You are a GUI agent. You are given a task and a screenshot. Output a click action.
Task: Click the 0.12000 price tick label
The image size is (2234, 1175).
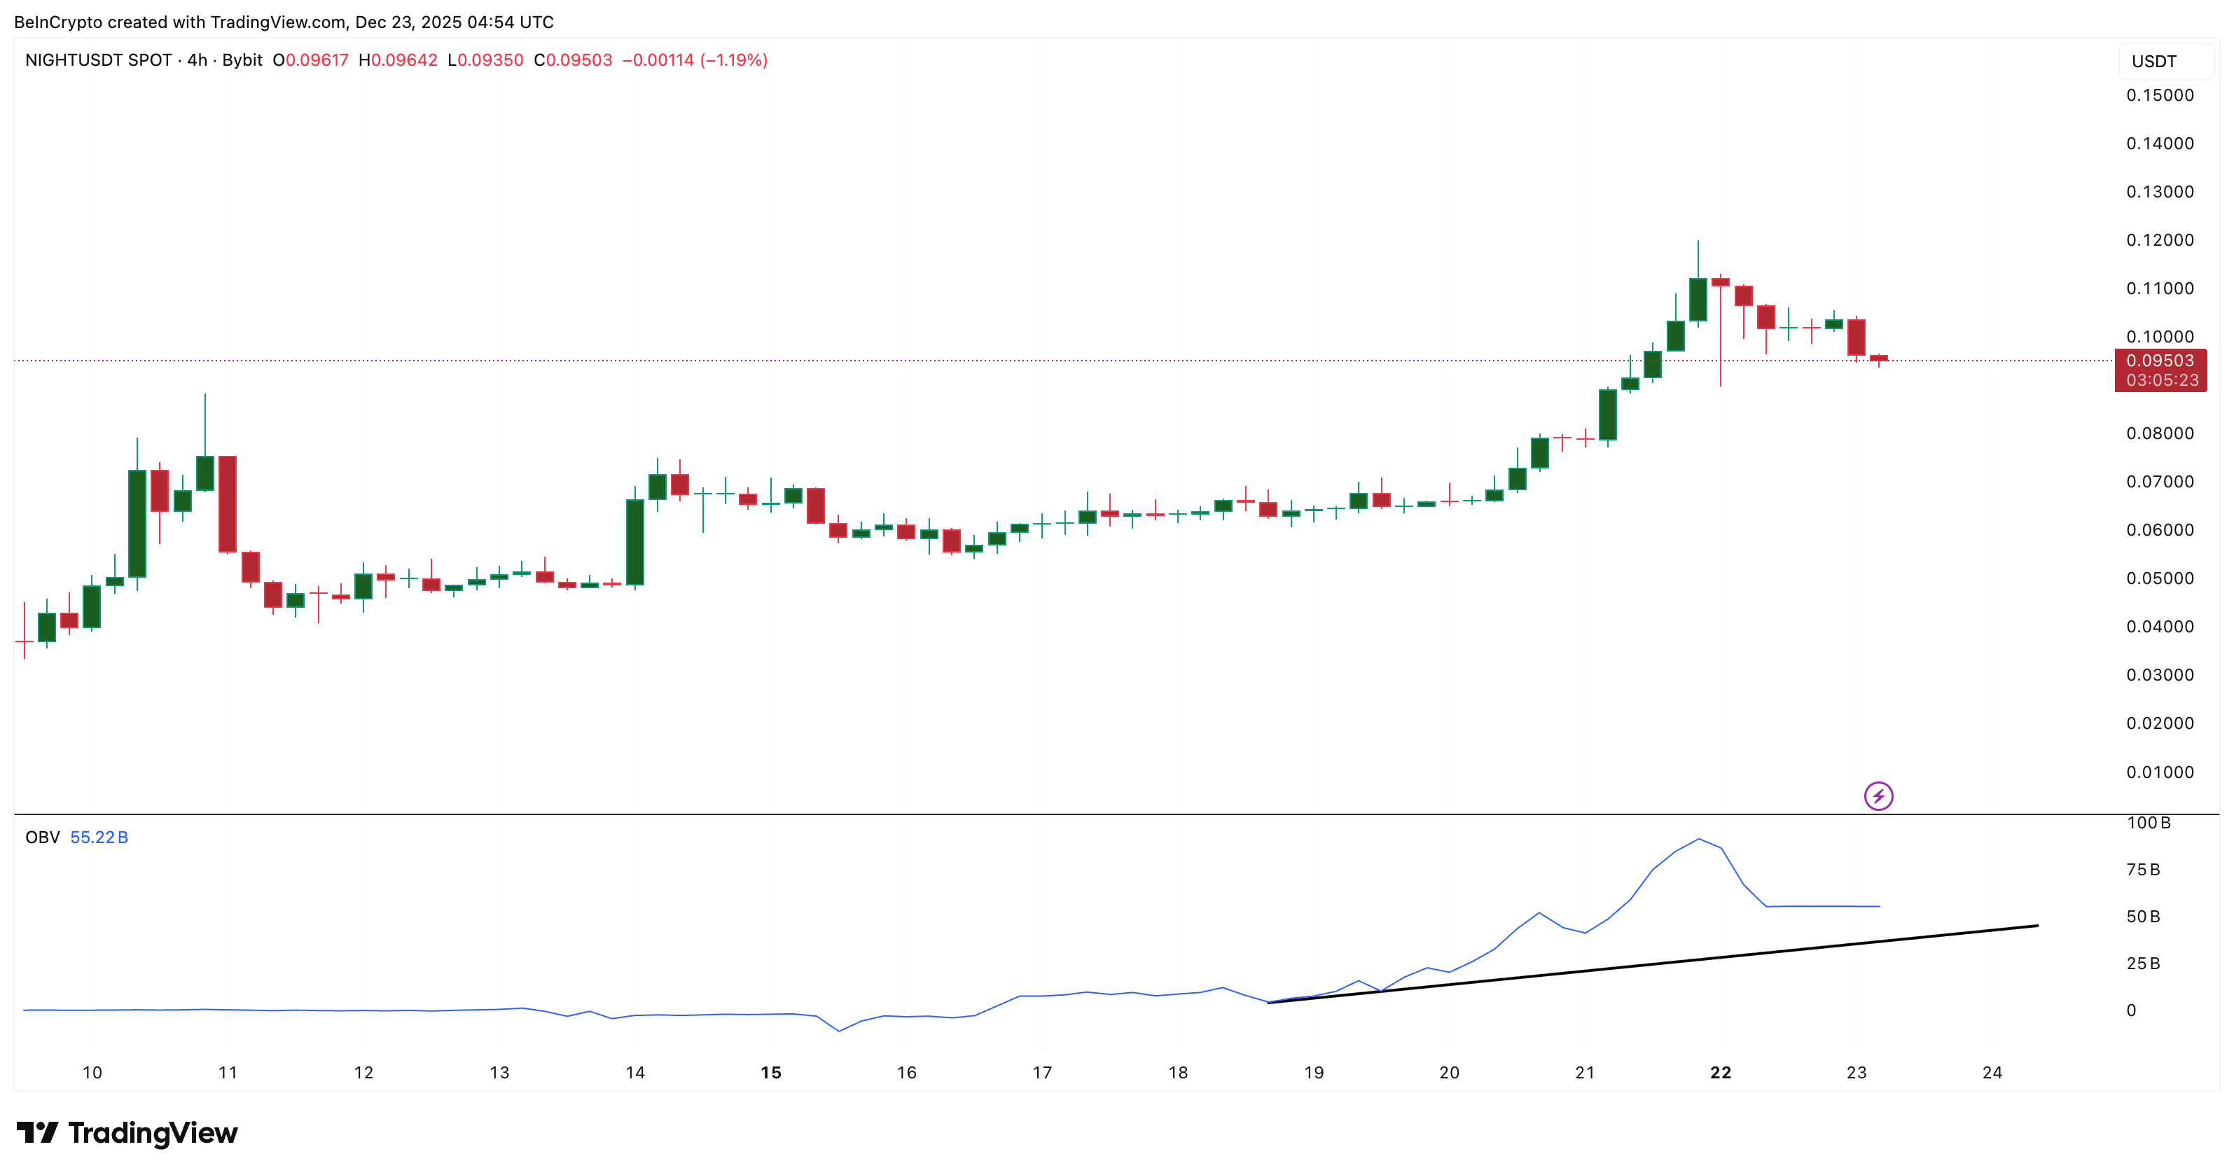tap(2160, 240)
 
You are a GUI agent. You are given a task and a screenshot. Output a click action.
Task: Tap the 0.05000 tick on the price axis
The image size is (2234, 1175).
tap(2160, 578)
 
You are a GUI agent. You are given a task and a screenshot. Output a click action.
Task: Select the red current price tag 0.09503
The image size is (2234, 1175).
tap(2160, 361)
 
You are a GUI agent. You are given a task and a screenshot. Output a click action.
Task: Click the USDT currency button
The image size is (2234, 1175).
tap(2154, 62)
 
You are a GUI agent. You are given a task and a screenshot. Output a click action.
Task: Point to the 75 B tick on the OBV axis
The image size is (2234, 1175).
tap(2143, 870)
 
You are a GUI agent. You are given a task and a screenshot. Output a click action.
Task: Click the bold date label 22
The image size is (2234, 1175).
tap(1721, 1073)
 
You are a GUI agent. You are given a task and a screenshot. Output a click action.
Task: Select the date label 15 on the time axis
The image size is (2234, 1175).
tap(771, 1073)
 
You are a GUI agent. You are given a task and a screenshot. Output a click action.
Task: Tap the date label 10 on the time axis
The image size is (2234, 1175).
tap(92, 1073)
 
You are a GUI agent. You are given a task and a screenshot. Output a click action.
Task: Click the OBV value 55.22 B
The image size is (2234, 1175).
tap(99, 837)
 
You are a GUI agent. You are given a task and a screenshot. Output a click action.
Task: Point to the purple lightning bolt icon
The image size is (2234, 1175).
tap(1878, 796)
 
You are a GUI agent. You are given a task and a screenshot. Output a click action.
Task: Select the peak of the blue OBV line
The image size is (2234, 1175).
tap(1698, 840)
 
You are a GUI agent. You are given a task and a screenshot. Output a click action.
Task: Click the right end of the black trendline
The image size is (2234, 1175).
tap(2037, 926)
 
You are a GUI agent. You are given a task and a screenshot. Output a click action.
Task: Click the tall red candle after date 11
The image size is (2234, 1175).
tap(227, 503)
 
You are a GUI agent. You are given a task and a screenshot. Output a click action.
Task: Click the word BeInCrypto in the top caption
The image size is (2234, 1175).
tap(57, 22)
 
